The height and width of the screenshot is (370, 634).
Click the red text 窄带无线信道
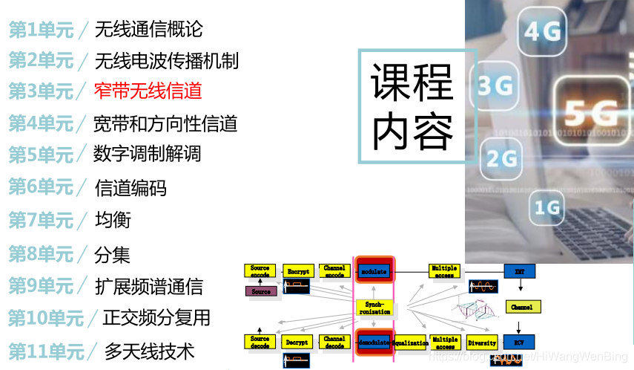148,91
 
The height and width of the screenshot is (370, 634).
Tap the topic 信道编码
131,188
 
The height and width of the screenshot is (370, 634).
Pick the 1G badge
547,206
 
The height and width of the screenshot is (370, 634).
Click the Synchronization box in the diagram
374,308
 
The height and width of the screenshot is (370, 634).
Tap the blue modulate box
374,271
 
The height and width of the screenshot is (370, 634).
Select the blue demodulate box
374,343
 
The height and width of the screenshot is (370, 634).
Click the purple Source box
260,291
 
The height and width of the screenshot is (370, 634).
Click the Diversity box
482,343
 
